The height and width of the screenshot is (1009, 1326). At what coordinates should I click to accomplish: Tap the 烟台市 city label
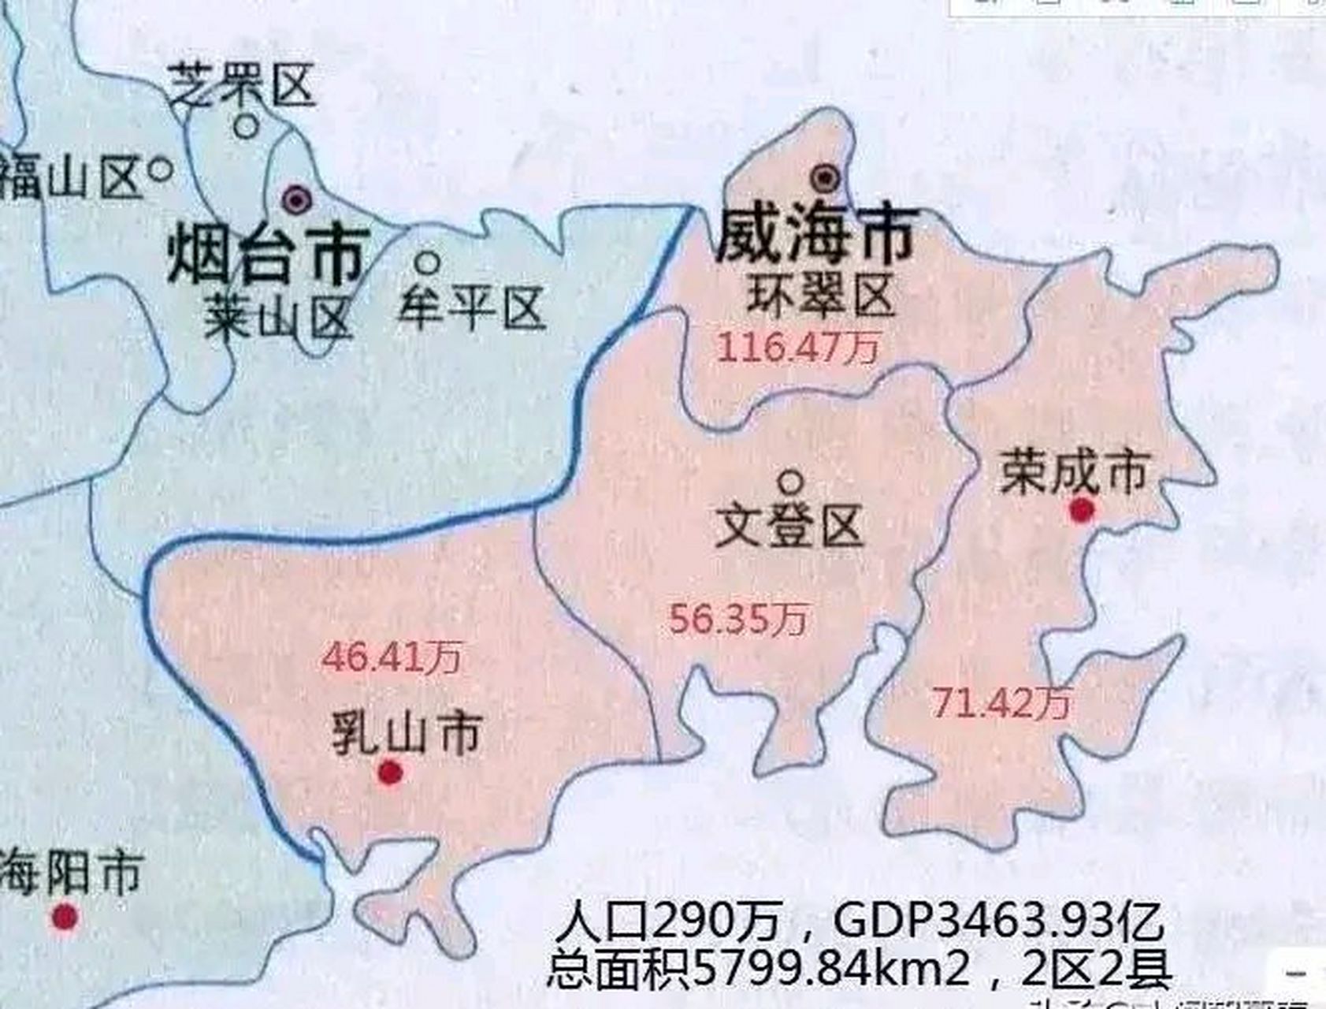pos(268,254)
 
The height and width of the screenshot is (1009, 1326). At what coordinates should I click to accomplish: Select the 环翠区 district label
pos(821,296)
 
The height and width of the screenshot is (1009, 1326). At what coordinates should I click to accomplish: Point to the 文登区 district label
pos(789,527)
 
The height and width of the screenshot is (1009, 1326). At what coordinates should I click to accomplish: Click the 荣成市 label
pos(1073,473)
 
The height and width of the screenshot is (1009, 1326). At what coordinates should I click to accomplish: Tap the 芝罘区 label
pos(243,85)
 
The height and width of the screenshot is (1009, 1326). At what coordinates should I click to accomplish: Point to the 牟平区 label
pos(472,307)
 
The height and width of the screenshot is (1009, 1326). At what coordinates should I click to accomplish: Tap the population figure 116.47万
pos(798,348)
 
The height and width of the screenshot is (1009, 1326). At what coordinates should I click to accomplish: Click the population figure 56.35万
pos(738,619)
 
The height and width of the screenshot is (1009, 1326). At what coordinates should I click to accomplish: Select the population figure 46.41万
pos(392,657)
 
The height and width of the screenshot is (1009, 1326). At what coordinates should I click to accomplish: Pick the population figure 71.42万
pos(1001,702)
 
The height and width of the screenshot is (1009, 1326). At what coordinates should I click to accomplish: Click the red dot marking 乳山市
pos(390,773)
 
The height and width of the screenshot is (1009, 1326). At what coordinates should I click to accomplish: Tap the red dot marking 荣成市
pos(1082,511)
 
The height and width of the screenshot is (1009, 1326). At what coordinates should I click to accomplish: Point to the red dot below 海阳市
pos(65,917)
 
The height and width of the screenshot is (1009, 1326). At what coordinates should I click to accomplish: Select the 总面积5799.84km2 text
pos(760,969)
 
